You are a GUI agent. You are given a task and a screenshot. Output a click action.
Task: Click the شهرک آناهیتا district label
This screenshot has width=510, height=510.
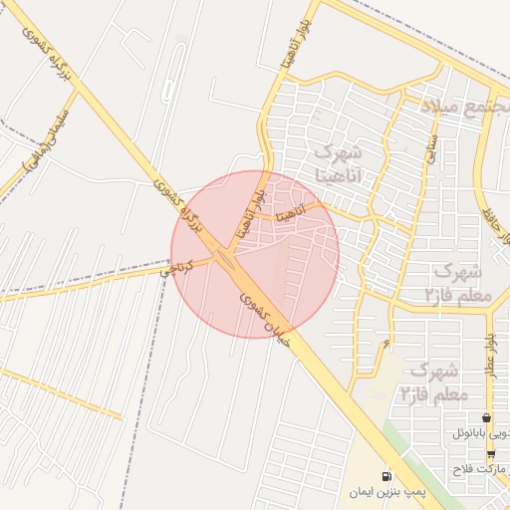pos(339,164)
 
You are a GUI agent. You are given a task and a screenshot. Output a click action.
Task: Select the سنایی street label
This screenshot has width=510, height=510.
pos(432,150)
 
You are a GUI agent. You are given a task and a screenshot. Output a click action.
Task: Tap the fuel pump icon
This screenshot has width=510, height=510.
pos(386,475)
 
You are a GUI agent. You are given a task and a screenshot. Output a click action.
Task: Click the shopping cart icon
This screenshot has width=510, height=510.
pos(491,454)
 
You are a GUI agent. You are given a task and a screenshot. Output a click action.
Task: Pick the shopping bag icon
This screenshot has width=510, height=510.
pos(486,418)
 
